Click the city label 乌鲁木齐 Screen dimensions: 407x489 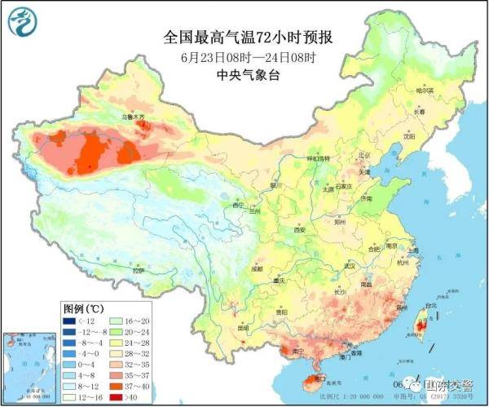pos(134,117)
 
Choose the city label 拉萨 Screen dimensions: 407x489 pos(139,270)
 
